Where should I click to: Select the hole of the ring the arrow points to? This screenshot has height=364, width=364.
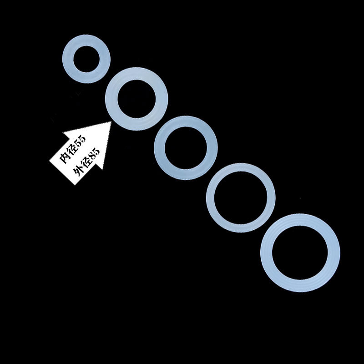point(136,99)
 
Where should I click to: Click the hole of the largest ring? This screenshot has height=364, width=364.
point(300,253)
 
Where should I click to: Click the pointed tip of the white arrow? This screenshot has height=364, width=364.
point(111,122)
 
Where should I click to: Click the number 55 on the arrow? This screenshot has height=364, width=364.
point(80,142)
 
